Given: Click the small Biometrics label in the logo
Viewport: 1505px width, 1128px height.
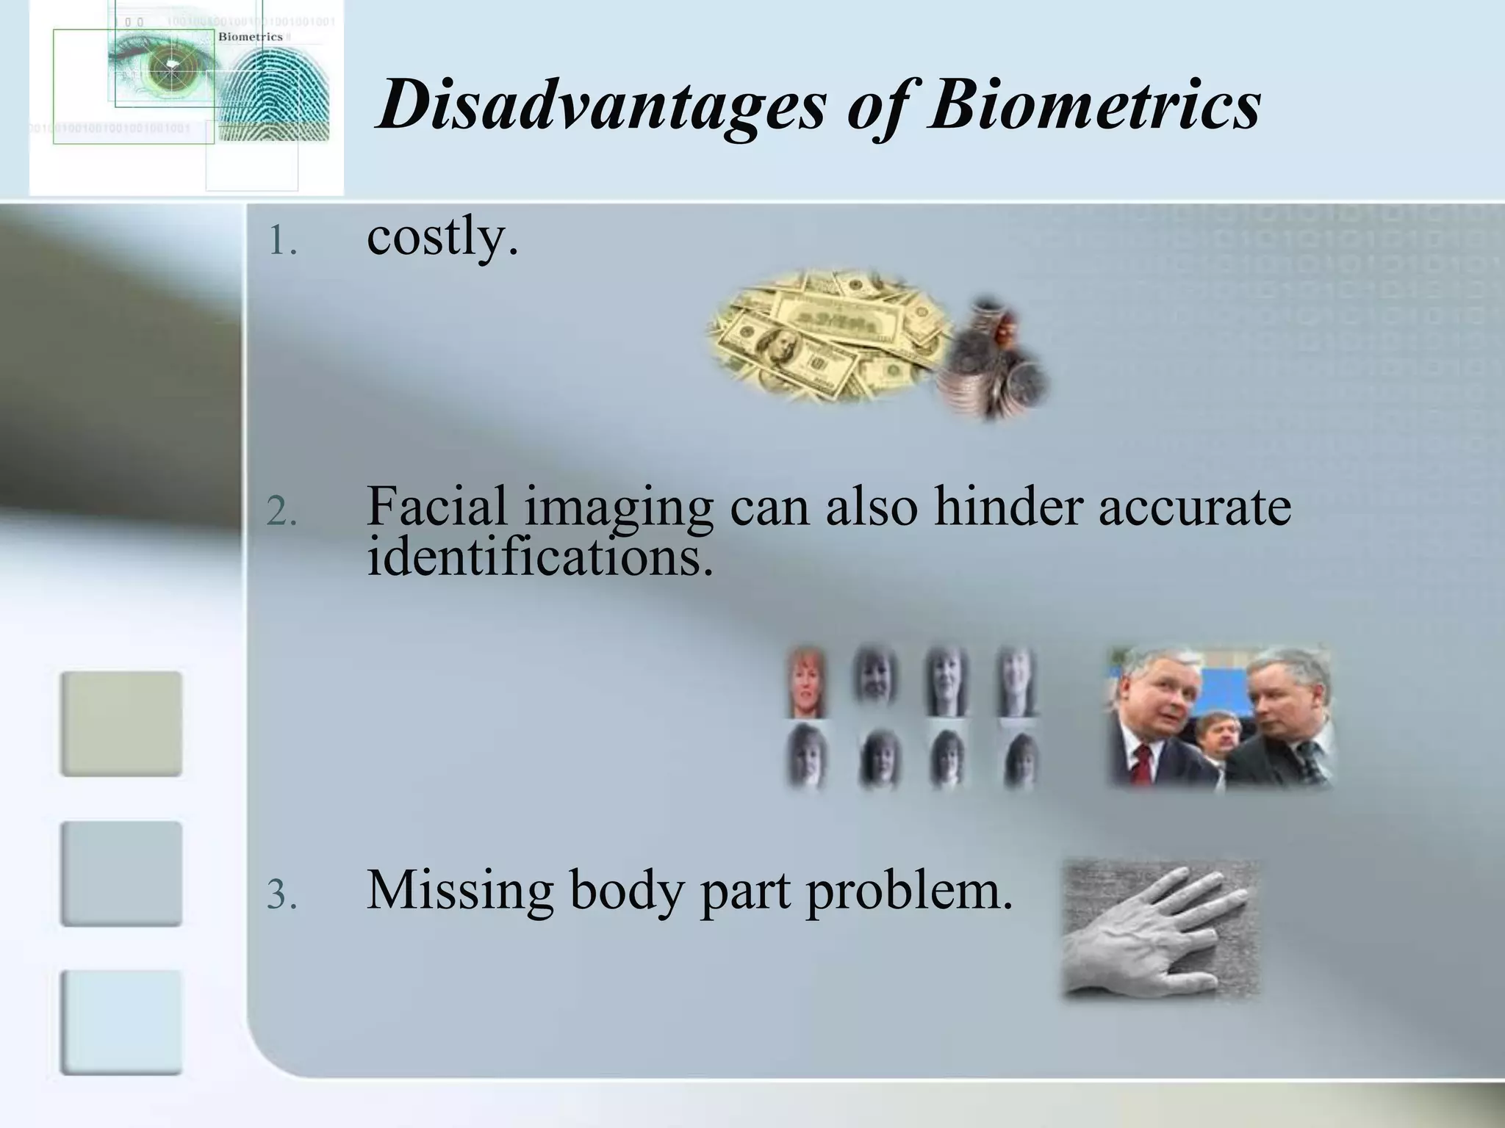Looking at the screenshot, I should click(251, 37).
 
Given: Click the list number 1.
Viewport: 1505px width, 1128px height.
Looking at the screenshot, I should click(281, 241).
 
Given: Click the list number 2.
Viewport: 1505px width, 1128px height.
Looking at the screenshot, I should click(281, 512).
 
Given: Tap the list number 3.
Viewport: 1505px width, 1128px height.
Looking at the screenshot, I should click(281, 894).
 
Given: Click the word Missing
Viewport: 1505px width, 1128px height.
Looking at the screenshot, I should click(459, 890).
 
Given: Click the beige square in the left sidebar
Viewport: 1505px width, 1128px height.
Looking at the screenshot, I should click(121, 723).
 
